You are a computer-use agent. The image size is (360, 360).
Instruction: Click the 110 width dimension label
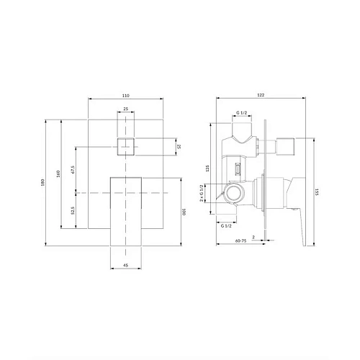(126, 96)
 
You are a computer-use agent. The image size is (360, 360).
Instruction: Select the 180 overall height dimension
(42, 182)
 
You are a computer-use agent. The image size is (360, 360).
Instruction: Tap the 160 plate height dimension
(58, 174)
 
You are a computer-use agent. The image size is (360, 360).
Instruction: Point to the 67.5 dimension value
(73, 169)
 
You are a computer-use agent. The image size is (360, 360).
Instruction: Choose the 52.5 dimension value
(73, 210)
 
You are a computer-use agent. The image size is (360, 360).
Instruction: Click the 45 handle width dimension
(125, 265)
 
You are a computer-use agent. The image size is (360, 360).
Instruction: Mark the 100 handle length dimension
(184, 212)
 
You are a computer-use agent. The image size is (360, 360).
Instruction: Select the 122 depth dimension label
(261, 95)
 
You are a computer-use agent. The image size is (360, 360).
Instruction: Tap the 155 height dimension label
(317, 192)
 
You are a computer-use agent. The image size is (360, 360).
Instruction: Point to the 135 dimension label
(208, 168)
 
